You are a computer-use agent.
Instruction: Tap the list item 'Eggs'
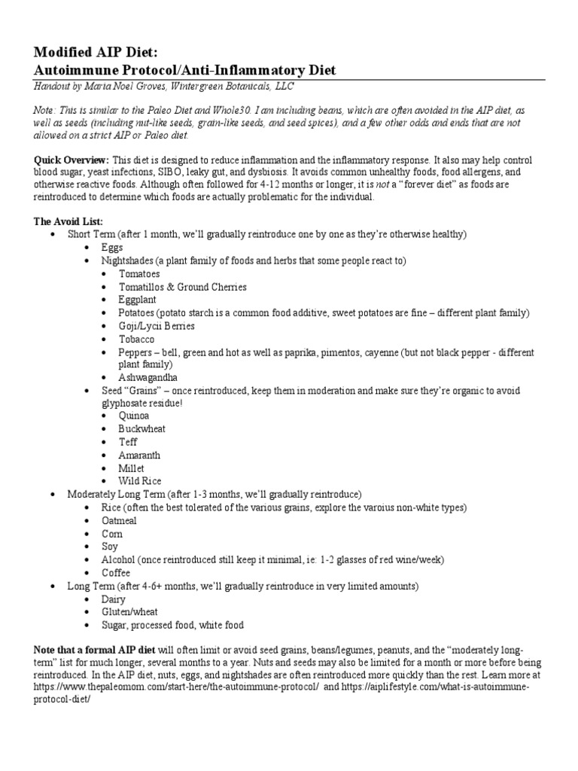112,247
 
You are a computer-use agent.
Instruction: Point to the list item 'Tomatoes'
139,273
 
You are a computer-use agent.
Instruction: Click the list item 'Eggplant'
138,299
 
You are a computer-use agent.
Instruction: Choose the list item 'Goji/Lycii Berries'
157,325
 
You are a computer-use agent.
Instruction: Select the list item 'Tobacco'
136,339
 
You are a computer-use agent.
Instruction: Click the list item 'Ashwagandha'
148,377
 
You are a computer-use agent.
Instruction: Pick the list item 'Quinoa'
134,416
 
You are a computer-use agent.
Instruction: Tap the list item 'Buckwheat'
142,428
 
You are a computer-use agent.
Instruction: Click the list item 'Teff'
129,442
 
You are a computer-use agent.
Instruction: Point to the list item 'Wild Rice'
140,480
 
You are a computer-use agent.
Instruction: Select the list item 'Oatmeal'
120,520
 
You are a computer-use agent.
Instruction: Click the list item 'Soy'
111,546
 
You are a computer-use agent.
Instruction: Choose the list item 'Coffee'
116,572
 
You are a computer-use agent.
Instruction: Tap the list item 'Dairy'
114,599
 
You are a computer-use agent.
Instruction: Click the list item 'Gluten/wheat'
130,611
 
